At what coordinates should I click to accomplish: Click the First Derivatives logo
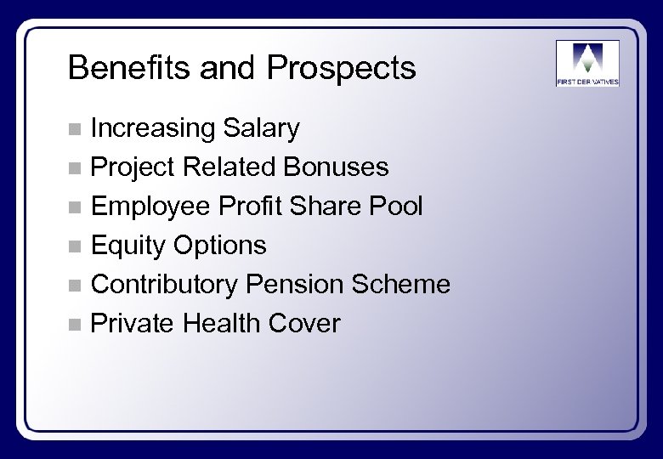tap(587, 63)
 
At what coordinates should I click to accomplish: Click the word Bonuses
tap(337, 167)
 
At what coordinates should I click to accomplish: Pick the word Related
tap(232, 167)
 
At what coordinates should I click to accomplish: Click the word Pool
tap(396, 207)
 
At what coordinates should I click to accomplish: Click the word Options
tap(220, 246)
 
